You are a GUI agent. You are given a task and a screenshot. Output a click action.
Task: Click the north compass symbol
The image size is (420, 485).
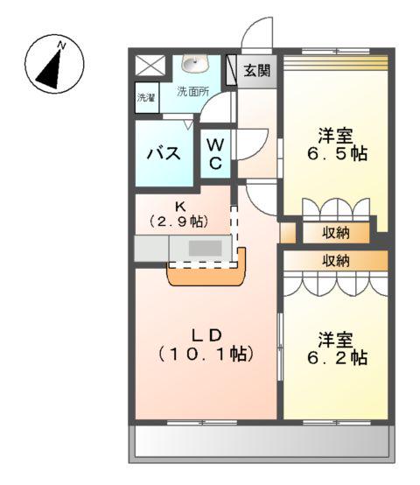pyautogui.click(x=54, y=64)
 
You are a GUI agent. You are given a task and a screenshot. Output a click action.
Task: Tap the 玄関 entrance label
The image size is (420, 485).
pyautogui.click(x=256, y=70)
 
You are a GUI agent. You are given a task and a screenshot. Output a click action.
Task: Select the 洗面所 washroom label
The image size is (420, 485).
pyautogui.click(x=192, y=91)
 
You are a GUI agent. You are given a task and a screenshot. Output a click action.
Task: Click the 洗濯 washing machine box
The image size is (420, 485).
pyautogui.click(x=146, y=98)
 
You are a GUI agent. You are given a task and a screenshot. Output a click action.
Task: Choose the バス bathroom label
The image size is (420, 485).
pyautogui.click(x=164, y=154)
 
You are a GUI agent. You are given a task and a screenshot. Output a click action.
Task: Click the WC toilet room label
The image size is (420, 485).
pyautogui.click(x=215, y=153)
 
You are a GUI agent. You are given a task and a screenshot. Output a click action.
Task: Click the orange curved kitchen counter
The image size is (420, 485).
pyautogui.click(x=206, y=275)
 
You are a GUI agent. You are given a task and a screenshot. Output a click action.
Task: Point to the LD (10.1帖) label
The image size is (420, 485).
pyautogui.click(x=206, y=344)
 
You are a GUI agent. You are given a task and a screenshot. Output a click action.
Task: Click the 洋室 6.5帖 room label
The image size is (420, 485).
pyautogui.click(x=336, y=144)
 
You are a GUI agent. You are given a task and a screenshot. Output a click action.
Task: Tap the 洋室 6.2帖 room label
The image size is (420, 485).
pyautogui.click(x=336, y=348)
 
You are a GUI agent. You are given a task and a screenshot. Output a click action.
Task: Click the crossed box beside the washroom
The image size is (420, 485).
pyautogui.click(x=150, y=66)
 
